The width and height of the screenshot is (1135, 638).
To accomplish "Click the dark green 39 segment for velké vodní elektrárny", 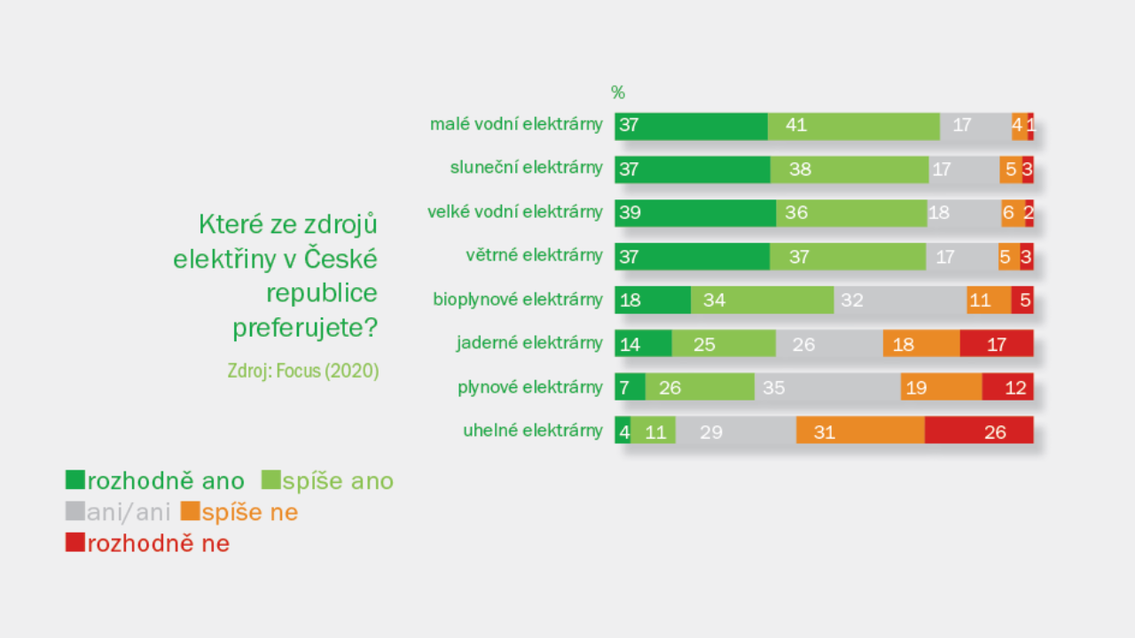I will pos(695,213).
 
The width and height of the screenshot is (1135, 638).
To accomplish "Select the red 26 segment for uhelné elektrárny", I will pos(979,431).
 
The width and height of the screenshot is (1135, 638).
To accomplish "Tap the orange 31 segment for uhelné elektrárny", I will pos(860,431).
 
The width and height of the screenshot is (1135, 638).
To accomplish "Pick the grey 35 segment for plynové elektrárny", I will pos(827,387).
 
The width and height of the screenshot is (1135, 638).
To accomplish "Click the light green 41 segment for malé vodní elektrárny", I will pos(854,126).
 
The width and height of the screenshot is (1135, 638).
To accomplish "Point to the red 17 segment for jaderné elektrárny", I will pos(997,344).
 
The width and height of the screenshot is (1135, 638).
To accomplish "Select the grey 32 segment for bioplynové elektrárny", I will pos(900,300).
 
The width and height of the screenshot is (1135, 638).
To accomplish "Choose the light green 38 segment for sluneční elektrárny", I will pos(849,169).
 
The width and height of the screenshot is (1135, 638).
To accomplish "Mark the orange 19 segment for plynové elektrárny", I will pos(941,387).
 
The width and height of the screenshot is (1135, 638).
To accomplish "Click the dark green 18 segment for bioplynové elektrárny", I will pos(653,300).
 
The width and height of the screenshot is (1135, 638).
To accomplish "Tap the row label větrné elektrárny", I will pos(534,256).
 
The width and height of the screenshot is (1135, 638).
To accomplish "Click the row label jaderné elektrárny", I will pos(529,343).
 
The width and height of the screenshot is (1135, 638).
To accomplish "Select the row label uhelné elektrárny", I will pos(532,431).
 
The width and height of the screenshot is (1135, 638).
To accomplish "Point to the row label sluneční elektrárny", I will pos(527,168).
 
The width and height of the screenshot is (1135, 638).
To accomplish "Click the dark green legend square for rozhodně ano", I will pos(75,480).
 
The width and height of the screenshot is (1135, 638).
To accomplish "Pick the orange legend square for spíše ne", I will pos(190,511).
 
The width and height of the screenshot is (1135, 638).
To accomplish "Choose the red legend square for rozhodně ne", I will pos(75,542).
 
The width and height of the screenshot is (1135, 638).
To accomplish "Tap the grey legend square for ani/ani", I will pos(75,511).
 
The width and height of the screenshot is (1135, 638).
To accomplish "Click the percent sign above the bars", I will pos(618,92).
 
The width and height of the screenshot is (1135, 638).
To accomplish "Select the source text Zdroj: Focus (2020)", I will pos(303,371).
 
